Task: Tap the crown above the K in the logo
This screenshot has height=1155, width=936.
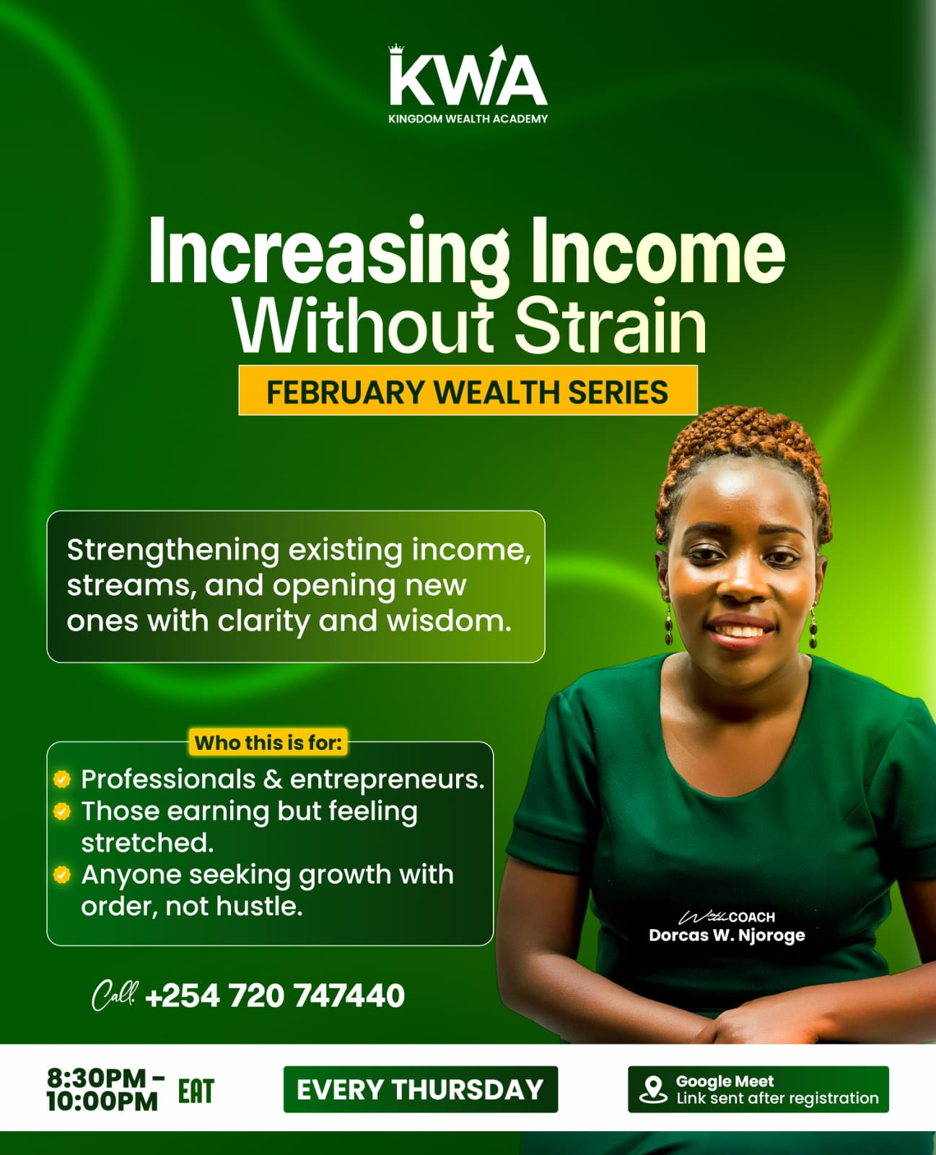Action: point(396,49)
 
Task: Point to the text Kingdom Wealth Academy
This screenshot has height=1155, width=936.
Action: point(468,119)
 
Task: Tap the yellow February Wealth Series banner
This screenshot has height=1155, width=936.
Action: point(468,391)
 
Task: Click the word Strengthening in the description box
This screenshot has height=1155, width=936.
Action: point(173,550)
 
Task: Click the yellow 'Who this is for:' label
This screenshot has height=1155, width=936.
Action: point(268,743)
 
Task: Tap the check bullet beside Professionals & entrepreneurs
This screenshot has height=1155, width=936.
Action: point(62,779)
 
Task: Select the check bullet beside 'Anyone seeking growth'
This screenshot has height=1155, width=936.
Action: point(62,875)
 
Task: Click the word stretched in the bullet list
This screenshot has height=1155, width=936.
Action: point(147,842)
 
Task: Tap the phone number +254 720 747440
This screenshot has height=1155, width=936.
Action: point(275,996)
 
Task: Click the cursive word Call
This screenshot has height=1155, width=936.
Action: point(113,995)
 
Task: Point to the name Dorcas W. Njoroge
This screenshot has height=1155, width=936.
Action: point(727,936)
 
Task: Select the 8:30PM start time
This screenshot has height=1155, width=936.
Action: point(97,1078)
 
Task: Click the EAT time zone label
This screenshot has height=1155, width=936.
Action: point(196,1091)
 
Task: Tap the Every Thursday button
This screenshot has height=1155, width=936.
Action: point(420,1089)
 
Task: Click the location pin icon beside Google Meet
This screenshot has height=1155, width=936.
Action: point(653,1089)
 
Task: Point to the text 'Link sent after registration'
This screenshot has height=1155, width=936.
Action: point(777,1098)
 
